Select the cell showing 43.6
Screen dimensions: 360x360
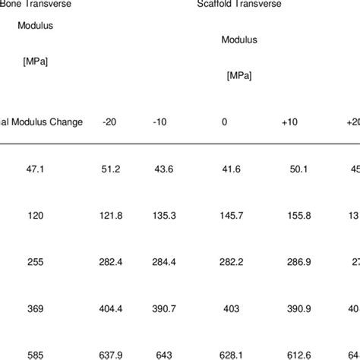click(x=164, y=168)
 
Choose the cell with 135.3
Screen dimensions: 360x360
click(x=164, y=215)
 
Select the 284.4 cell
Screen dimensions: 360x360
click(x=164, y=262)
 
